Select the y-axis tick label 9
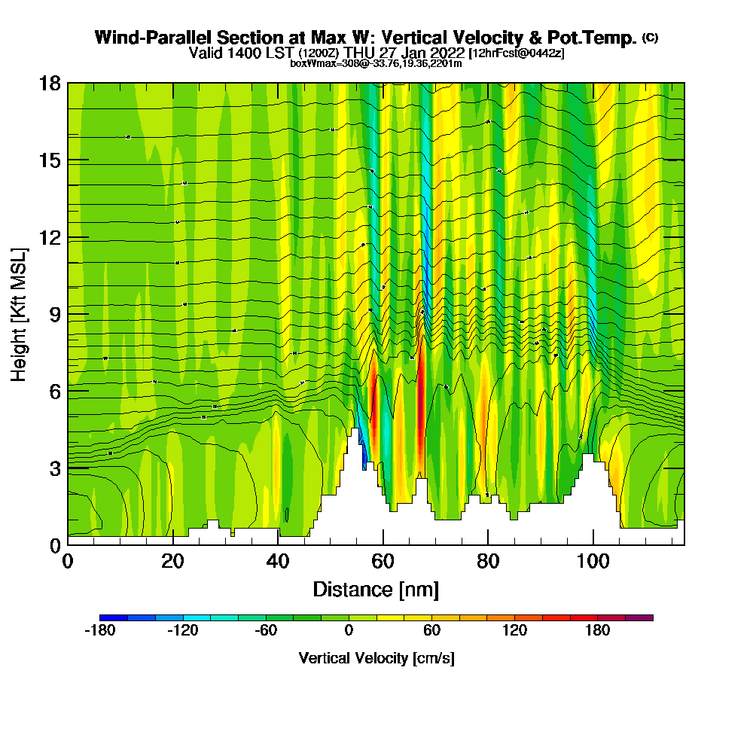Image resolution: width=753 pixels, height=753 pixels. pyautogui.click(x=55, y=314)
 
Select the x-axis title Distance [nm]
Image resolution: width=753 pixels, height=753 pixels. pyautogui.click(x=376, y=589)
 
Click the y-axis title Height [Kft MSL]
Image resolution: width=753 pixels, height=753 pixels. pyautogui.click(x=19, y=314)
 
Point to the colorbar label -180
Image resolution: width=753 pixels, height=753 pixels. pyautogui.click(x=99, y=631)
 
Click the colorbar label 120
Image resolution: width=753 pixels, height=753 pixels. pyautogui.click(x=514, y=631)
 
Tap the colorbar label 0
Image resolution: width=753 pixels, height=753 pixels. pyautogui.click(x=349, y=631)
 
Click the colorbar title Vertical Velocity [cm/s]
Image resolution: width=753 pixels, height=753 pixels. pyautogui.click(x=376, y=658)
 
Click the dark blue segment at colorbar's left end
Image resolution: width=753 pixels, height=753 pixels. pyautogui.click(x=114, y=617)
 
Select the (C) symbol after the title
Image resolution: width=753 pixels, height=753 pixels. pyautogui.click(x=650, y=38)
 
